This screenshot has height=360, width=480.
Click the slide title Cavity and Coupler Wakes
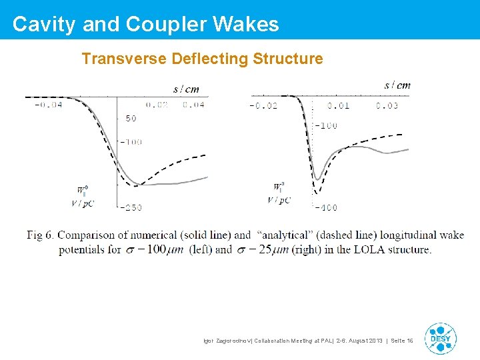coord(145,24)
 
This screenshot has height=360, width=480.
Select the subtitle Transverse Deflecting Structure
coord(202,59)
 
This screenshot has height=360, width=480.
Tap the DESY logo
coord(440,339)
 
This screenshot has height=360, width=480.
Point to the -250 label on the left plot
coord(131,207)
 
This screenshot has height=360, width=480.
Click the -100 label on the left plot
coord(131,141)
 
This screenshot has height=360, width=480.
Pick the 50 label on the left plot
coord(130,119)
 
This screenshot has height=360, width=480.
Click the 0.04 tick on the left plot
coord(193,105)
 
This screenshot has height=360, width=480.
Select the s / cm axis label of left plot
coord(186,89)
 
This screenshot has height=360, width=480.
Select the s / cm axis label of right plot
coord(397,85)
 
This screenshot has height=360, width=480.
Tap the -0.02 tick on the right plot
coord(264,105)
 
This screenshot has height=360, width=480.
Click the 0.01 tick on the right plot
coord(338,105)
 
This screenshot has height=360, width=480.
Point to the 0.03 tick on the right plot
coord(387,105)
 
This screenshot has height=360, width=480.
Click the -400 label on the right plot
coord(326,207)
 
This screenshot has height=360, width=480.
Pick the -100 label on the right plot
coord(326,125)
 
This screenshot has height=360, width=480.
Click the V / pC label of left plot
coord(88,202)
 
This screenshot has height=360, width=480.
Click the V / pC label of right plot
coord(279,200)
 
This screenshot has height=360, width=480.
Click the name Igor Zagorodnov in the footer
coord(228,341)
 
